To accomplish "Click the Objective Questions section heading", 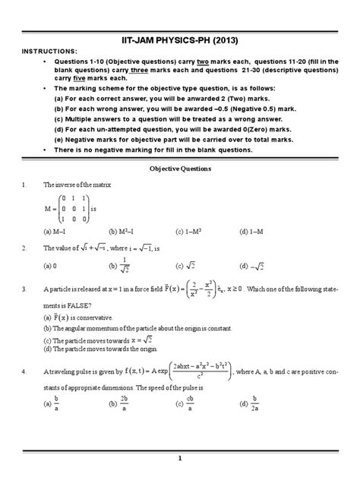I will pos(179,169).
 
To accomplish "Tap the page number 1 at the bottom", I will pos(180,457).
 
